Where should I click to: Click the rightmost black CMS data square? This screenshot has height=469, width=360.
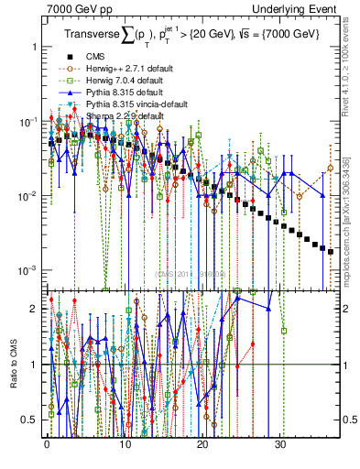(331, 250)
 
